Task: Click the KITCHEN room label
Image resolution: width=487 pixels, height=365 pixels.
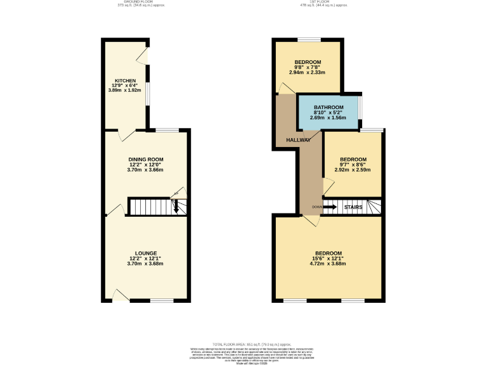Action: (125, 81)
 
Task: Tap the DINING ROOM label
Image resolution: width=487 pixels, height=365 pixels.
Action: (146, 159)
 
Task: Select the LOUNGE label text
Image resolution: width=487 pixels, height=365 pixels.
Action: (146, 253)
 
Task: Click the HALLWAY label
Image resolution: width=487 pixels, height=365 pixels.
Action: (298, 140)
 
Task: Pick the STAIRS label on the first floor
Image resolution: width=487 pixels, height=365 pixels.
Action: (353, 207)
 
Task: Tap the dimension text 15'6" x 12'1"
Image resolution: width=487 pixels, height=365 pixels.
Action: (328, 258)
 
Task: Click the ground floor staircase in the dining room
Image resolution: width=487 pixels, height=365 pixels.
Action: (152, 207)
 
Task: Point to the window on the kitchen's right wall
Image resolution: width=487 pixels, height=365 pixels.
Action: (148, 93)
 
